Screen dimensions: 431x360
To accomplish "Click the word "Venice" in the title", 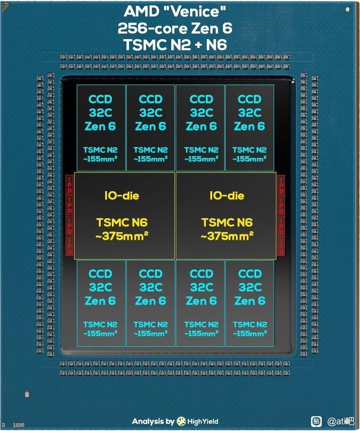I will tap(200, 11).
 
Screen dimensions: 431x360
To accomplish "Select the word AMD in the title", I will tap(139, 11).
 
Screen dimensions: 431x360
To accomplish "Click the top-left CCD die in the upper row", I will tap(101, 128).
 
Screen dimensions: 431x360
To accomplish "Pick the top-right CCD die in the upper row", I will tap(249, 128).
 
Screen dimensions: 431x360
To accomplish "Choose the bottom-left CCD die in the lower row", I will tap(101, 303).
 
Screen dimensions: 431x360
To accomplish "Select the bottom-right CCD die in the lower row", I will tap(249, 303).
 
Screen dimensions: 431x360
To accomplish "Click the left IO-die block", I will tap(124, 216).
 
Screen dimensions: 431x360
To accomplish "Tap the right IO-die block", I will tap(226, 216).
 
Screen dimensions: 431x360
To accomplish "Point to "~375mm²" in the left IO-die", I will tap(122, 236).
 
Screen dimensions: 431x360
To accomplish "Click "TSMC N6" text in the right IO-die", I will tap(227, 222).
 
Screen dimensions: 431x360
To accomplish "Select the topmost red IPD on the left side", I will tap(70, 185).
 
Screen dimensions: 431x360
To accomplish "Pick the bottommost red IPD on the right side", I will tap(281, 247).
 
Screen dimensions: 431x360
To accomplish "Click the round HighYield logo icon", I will tap(182, 421).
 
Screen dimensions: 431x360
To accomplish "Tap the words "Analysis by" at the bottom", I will tap(153, 422).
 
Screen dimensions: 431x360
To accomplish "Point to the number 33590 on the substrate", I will tap(18, 424).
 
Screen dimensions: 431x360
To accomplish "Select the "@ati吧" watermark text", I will tap(341, 422).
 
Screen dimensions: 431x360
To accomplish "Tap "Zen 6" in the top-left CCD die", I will tap(100, 126).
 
